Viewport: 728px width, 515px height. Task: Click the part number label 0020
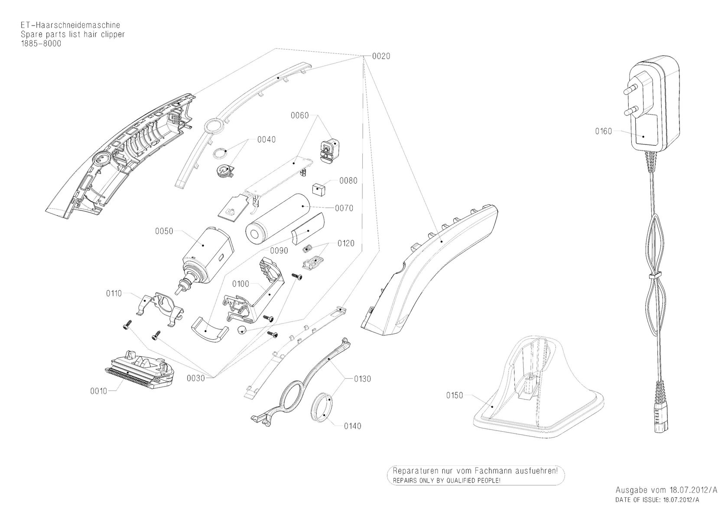(x=381, y=56)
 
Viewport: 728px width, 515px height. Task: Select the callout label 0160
(x=604, y=131)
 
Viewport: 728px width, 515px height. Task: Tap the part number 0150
(x=455, y=396)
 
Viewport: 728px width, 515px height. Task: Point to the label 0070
(x=344, y=208)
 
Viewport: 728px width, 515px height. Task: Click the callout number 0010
(x=98, y=391)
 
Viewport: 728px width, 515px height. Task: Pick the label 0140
(x=353, y=426)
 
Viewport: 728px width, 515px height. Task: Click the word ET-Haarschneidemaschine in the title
(x=71, y=25)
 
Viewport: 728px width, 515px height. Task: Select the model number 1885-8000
(x=41, y=43)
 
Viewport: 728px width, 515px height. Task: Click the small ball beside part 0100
(x=242, y=330)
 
